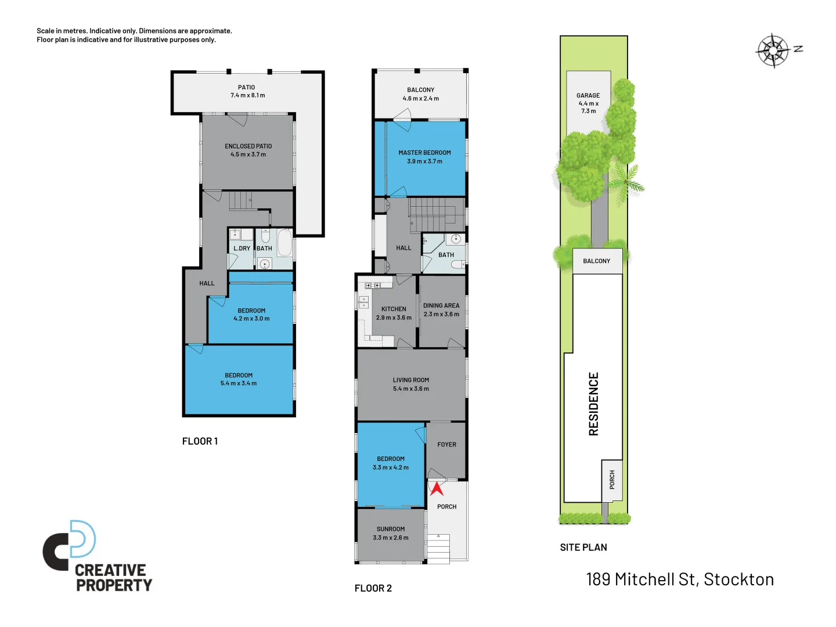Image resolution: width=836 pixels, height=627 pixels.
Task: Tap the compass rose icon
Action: [773, 51]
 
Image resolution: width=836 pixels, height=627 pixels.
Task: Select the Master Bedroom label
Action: [424, 153]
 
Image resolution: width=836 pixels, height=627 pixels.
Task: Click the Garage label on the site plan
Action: [588, 96]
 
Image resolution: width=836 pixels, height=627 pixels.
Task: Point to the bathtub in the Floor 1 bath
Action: [284, 243]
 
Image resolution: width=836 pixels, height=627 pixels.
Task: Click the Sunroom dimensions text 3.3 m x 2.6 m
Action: [391, 538]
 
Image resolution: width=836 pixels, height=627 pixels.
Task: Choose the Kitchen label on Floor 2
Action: [394, 309]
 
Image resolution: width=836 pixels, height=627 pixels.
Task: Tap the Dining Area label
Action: [441, 305]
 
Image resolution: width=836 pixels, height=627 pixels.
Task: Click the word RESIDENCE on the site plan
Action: [593, 404]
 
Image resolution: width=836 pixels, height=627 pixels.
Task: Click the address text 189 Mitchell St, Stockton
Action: [680, 579]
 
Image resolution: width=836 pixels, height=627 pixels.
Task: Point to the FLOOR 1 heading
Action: [200, 441]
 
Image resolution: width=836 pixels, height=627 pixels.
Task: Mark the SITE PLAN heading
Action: [583, 547]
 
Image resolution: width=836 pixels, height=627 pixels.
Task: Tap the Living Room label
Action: [411, 380]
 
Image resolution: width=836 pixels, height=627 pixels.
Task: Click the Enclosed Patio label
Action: [248, 146]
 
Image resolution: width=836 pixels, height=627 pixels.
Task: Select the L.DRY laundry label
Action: [242, 248]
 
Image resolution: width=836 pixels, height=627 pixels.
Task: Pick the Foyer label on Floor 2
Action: [446, 445]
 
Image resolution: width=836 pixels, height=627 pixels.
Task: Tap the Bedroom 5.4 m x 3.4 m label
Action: [239, 376]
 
